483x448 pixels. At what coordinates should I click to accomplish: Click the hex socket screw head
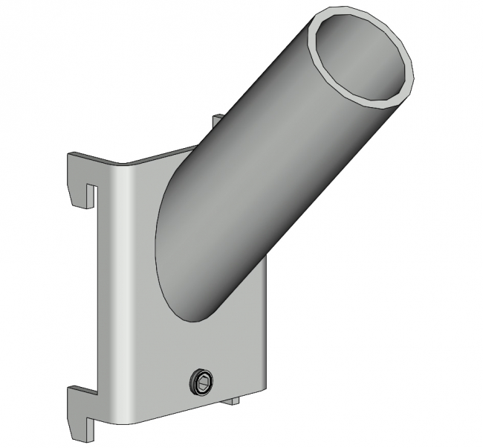pos(201,383)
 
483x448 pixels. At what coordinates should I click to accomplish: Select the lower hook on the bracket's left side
pos(80,406)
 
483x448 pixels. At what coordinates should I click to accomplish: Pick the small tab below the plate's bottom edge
pos(231,401)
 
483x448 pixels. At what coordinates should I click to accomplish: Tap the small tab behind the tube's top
pos(217,120)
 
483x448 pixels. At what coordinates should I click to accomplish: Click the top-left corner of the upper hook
pos(71,155)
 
